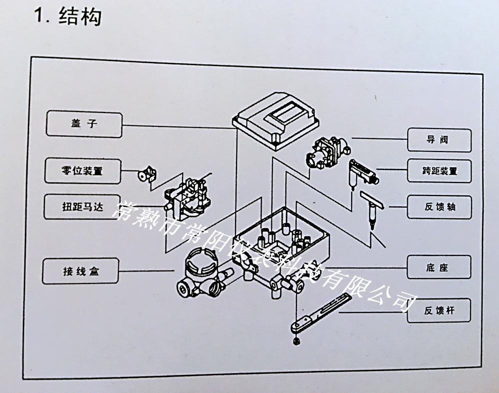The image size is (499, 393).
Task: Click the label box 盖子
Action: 84,123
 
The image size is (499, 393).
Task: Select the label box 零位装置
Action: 82,170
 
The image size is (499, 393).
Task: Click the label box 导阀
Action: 439,140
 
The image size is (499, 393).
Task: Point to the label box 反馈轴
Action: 440,206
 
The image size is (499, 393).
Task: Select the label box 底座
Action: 440,267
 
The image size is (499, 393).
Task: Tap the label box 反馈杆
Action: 439,311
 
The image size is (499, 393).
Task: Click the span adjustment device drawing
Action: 363,170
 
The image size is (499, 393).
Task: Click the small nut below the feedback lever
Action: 296,341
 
